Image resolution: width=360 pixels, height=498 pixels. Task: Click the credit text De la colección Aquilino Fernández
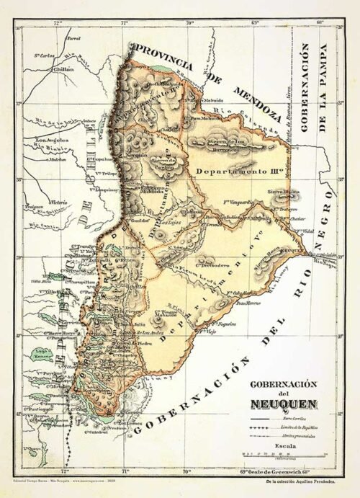coord(304,481)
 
